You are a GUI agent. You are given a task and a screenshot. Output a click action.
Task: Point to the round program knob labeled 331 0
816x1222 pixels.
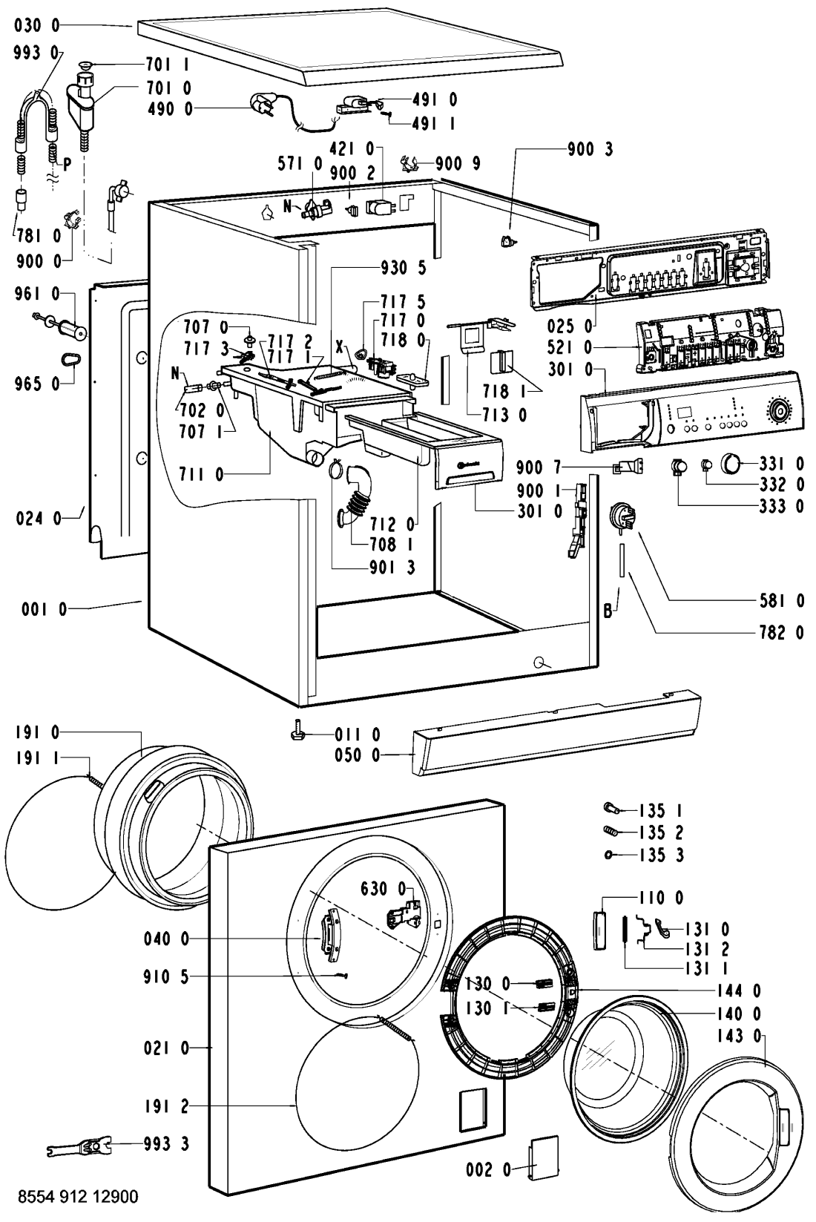[731, 465]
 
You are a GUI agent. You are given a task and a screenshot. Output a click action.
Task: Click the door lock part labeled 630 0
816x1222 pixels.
[401, 917]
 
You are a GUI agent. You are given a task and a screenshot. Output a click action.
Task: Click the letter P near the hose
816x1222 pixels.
[68, 165]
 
